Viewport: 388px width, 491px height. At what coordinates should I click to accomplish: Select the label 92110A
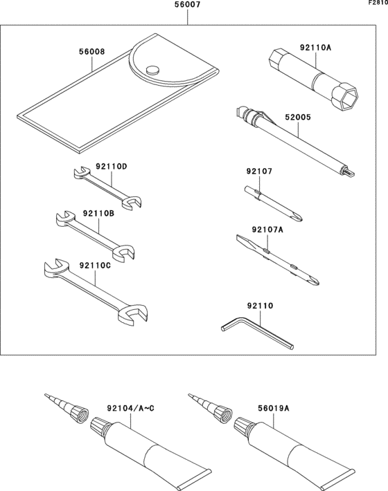point(315,48)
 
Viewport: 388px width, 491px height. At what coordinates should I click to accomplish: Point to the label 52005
point(298,118)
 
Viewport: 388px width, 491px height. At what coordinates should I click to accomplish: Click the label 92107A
point(268,230)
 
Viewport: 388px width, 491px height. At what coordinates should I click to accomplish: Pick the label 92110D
point(112,166)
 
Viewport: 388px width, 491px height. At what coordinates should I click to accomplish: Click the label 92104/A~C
point(130,409)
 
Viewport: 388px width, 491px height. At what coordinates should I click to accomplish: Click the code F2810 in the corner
point(377,3)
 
